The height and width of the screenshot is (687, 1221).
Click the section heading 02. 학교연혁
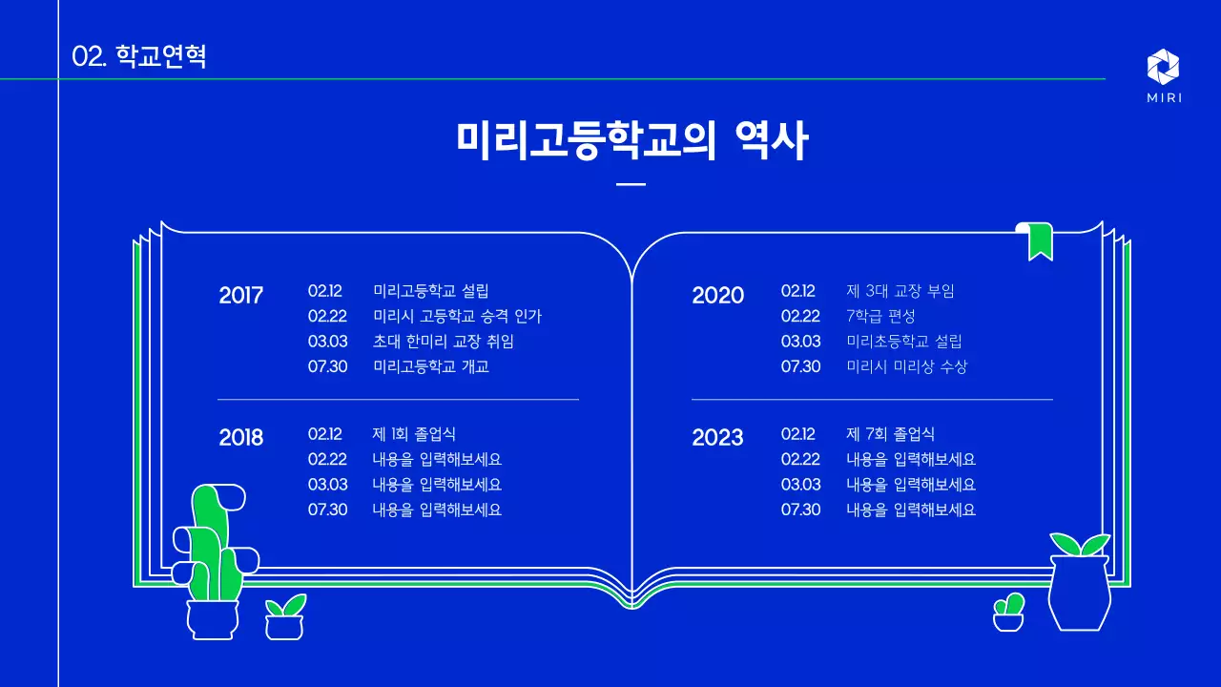[x=139, y=56]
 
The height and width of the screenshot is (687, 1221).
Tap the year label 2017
[x=240, y=295]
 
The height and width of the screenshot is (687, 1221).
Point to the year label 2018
[x=240, y=438]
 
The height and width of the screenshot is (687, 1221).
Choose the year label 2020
[x=717, y=296]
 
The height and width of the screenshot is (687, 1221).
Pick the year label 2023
[x=717, y=438]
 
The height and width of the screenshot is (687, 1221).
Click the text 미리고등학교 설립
[x=430, y=291]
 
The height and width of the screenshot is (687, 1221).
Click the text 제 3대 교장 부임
[x=900, y=291]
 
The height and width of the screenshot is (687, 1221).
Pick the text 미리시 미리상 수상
[x=906, y=366]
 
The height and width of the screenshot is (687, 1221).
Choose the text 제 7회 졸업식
[x=890, y=434]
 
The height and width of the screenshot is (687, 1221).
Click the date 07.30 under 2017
[x=327, y=366]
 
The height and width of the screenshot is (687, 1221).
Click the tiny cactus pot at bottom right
[x=1008, y=614]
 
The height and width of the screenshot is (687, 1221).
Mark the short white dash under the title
[x=631, y=184]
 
